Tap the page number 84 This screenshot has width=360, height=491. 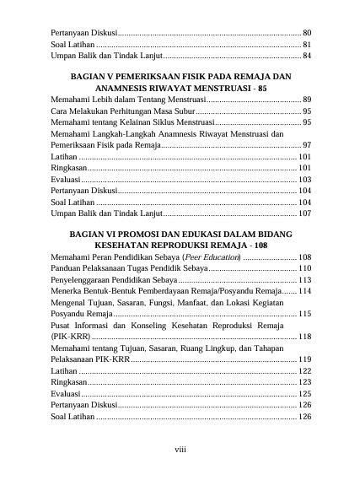click(307, 56)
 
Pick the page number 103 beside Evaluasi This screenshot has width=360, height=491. click(305, 180)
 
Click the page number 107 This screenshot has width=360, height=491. click(305, 213)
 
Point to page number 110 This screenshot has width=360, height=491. click(305, 267)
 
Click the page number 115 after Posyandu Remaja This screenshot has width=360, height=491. click(305, 314)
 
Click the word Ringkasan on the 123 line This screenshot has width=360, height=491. click(68, 382)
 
